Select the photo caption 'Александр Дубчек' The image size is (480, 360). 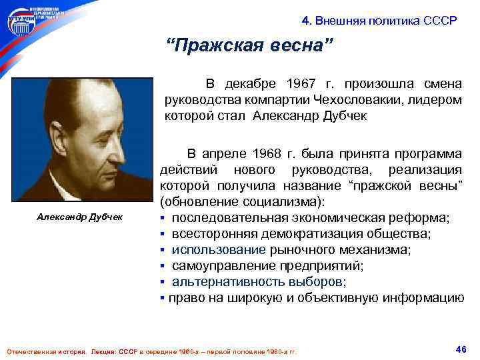point(75,218)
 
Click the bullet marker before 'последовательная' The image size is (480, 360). point(163,218)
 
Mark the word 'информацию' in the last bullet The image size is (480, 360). point(426,297)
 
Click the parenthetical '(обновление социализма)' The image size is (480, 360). point(241,201)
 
